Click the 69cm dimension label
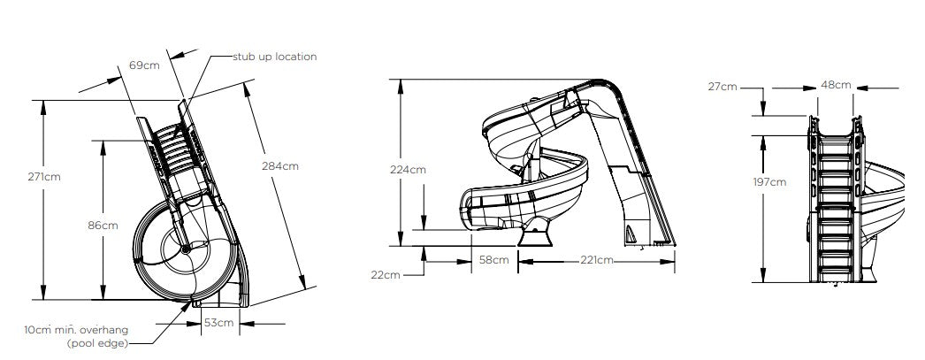point(144,65)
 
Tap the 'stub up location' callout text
point(274,57)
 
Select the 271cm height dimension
point(43,176)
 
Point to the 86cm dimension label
point(103,225)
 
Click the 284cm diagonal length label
point(280,165)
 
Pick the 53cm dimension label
point(218,323)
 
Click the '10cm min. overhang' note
point(76,330)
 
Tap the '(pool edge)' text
point(97,343)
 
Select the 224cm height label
point(408,170)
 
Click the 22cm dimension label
point(386,275)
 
